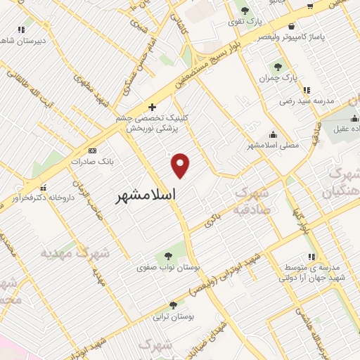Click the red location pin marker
[181, 165]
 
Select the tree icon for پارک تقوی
[245, 11]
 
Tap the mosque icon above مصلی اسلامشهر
[273, 135]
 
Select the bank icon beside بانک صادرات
[91, 150]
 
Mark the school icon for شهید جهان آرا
[312, 257]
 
